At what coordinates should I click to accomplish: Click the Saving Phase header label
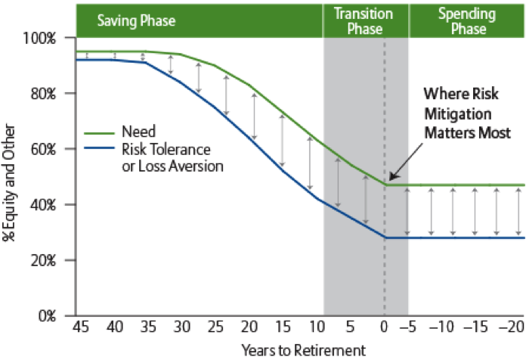(136, 20)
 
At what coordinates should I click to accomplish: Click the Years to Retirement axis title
(303, 350)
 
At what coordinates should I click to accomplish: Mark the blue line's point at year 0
(384, 237)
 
